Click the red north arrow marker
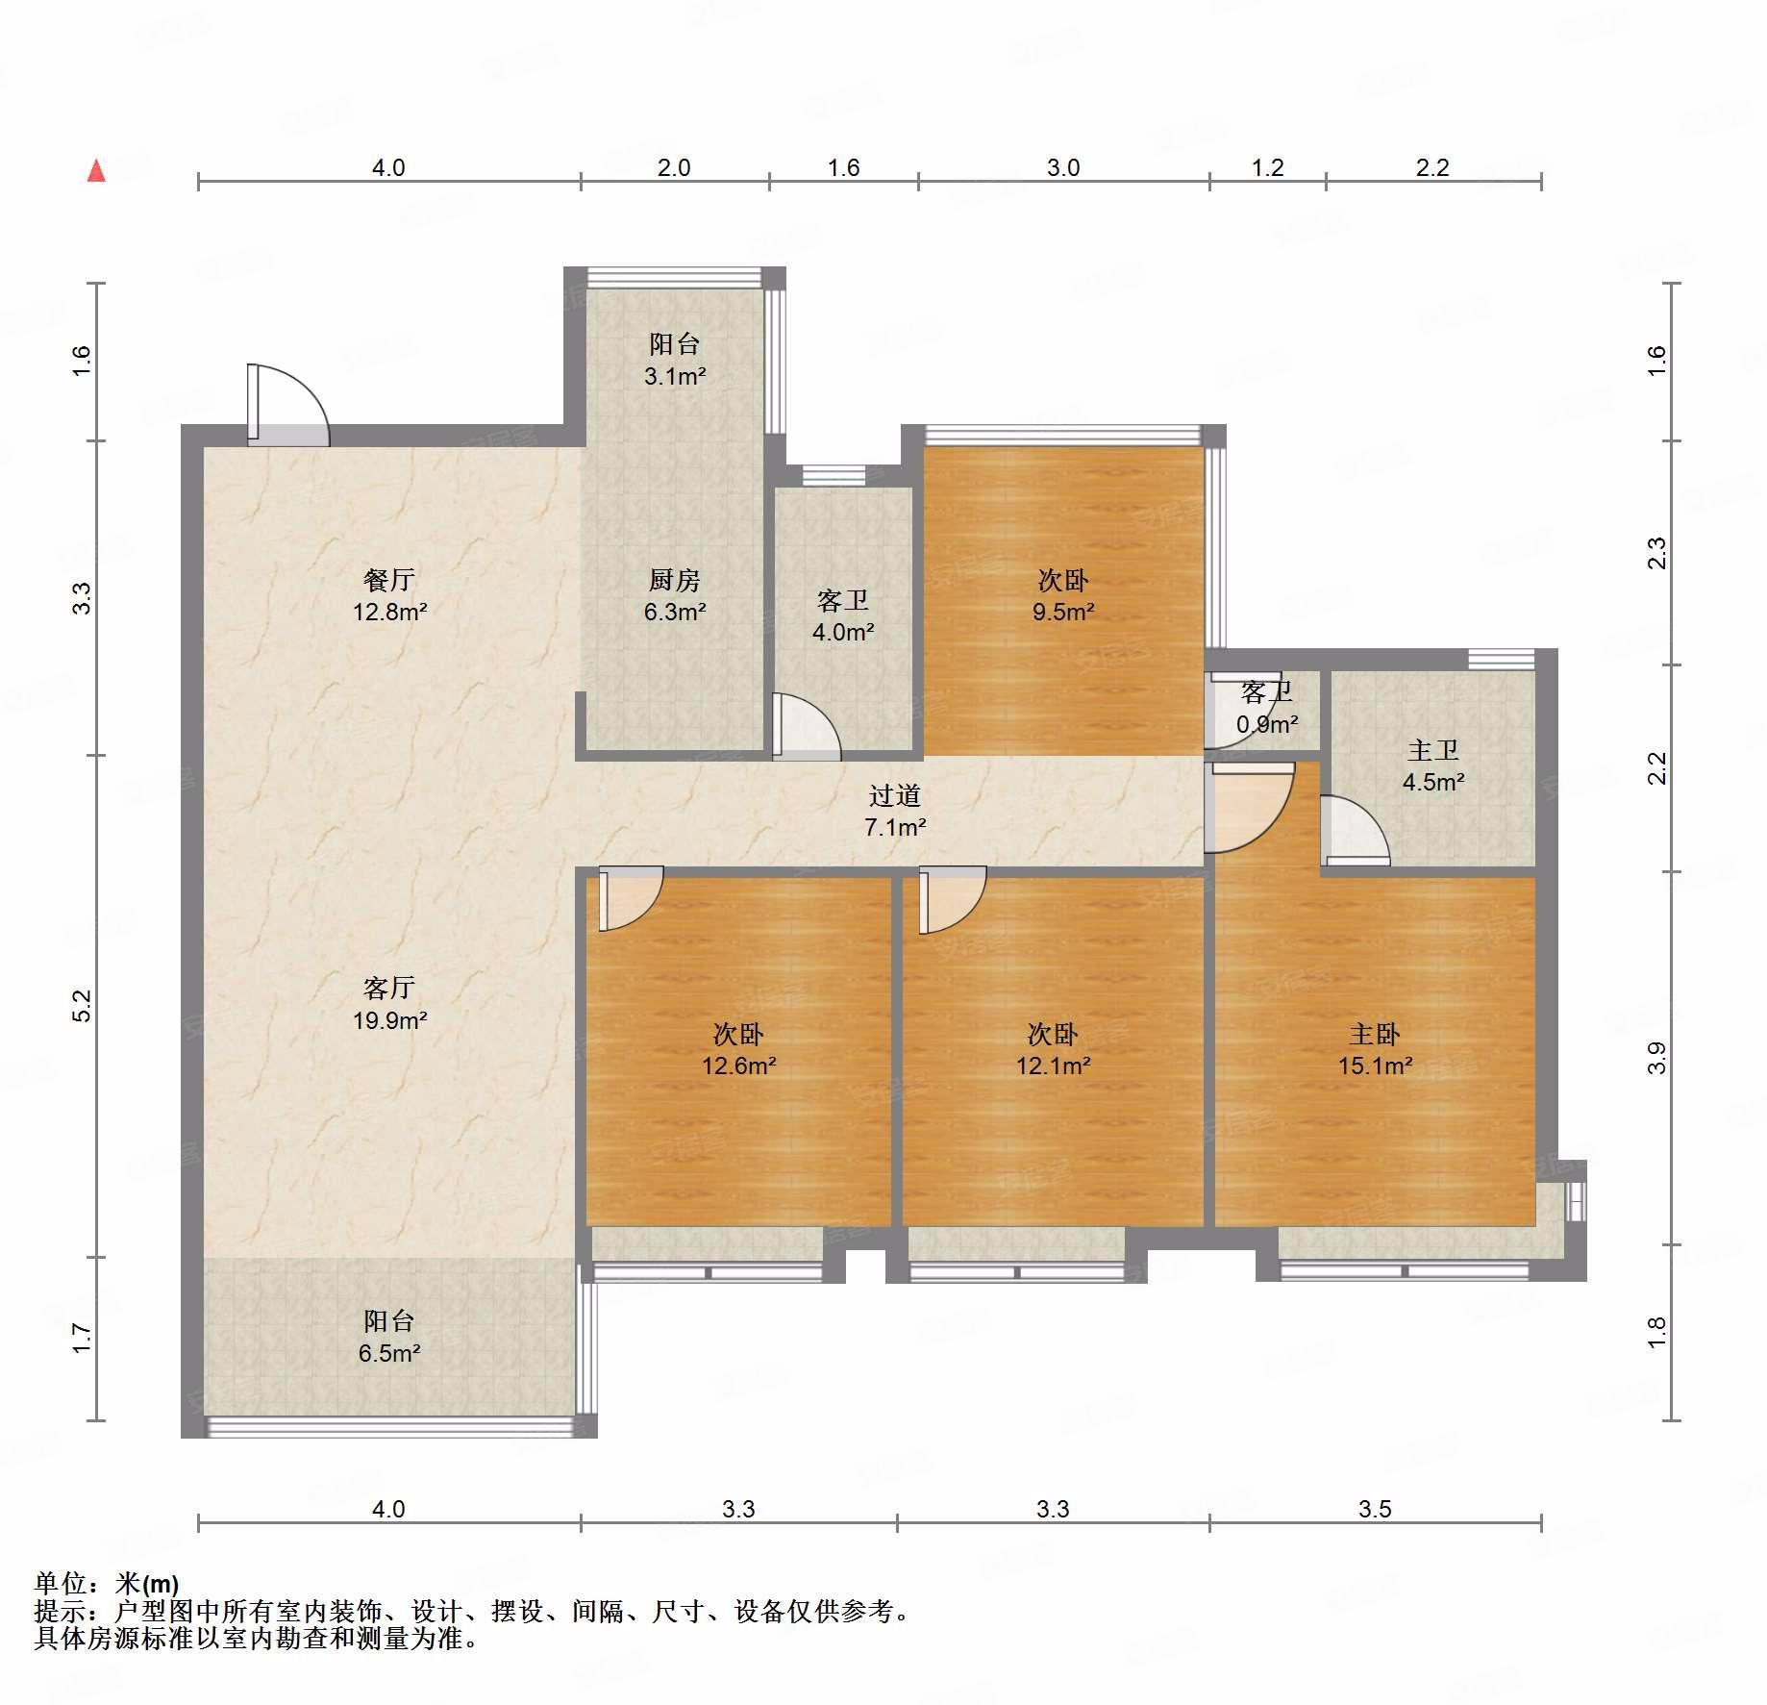(96, 171)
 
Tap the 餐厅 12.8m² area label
(389, 595)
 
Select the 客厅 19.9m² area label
(389, 1004)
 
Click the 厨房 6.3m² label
(675, 595)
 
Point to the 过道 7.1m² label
(895, 811)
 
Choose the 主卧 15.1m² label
(1375, 1049)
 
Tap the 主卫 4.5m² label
(1433, 765)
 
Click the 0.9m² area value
(1267, 724)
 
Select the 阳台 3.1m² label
(675, 360)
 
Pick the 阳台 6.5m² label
(389, 1337)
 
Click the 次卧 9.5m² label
(1063, 595)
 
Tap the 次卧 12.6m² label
(738, 1049)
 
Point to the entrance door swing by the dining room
(288, 405)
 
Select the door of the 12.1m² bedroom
(953, 900)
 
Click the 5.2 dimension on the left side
(82, 1006)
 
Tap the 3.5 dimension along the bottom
(1375, 1509)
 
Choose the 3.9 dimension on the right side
(1656, 1058)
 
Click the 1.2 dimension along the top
(1267, 167)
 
